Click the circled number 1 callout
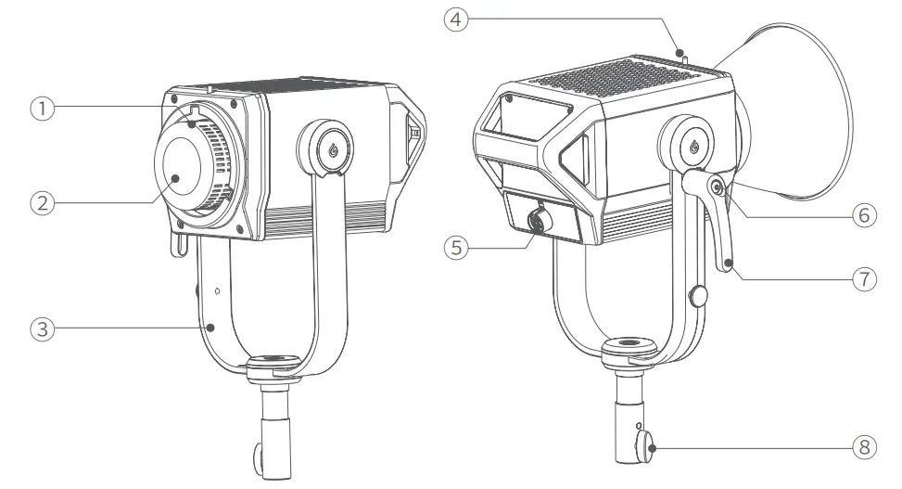click(x=40, y=108)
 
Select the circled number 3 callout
click(x=40, y=328)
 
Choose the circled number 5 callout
click(x=455, y=248)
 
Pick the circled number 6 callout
click(x=862, y=214)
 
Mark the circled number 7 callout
click(x=862, y=277)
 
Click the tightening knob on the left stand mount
click(x=259, y=457)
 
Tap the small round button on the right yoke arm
click(x=700, y=296)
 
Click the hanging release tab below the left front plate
click(x=177, y=244)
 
